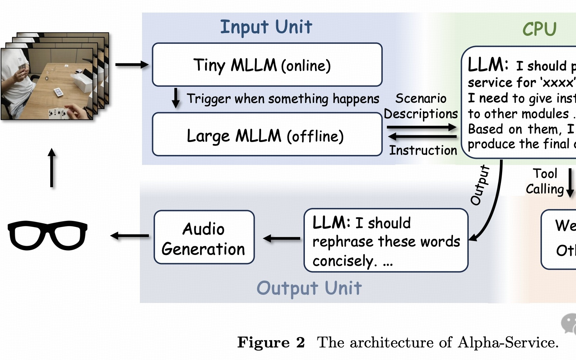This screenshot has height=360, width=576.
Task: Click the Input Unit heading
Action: [266, 27]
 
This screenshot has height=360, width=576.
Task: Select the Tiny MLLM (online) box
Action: [267, 65]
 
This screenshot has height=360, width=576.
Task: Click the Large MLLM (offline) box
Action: [267, 135]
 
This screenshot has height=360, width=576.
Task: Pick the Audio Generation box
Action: [204, 238]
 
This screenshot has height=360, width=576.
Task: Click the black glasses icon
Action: [47, 235]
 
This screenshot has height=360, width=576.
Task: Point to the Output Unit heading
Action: [309, 288]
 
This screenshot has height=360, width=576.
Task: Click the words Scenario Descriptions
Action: [421, 106]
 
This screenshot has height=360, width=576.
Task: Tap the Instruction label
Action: [423, 150]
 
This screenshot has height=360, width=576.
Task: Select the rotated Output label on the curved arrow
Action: [480, 185]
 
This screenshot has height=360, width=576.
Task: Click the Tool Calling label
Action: [545, 181]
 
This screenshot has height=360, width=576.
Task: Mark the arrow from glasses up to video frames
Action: [52, 168]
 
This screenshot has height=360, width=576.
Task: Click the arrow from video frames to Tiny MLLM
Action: [132, 65]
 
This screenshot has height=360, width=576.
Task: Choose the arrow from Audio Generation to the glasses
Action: [129, 236]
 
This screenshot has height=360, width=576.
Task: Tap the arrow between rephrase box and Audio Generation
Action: [282, 238]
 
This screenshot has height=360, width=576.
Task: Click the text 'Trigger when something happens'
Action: [283, 99]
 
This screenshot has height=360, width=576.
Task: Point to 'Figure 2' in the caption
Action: [271, 342]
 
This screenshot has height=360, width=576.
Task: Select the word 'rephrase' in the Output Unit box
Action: [337, 242]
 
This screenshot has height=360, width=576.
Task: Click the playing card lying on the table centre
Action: [58, 93]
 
